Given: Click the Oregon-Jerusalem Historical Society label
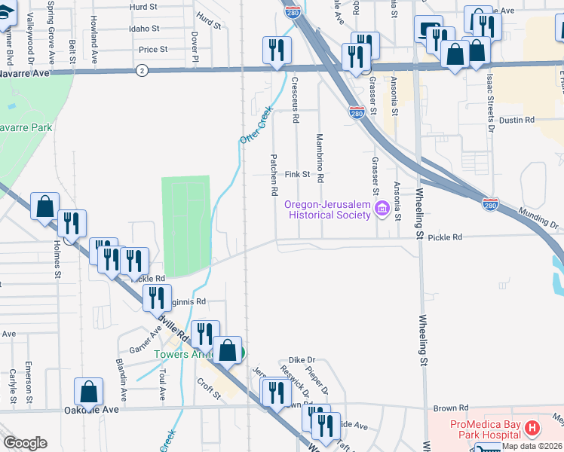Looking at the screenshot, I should [x=326, y=209].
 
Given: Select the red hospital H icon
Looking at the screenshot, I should [x=532, y=429].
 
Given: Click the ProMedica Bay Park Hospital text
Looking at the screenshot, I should [x=485, y=429].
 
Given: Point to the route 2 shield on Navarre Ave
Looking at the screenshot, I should [x=141, y=70].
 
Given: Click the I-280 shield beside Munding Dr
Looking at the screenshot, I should [x=490, y=203].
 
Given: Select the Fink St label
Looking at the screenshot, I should [x=298, y=174].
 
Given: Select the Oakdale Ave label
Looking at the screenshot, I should [x=92, y=410].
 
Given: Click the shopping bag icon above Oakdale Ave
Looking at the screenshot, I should [x=88, y=391].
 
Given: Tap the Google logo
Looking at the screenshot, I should [x=25, y=443].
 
